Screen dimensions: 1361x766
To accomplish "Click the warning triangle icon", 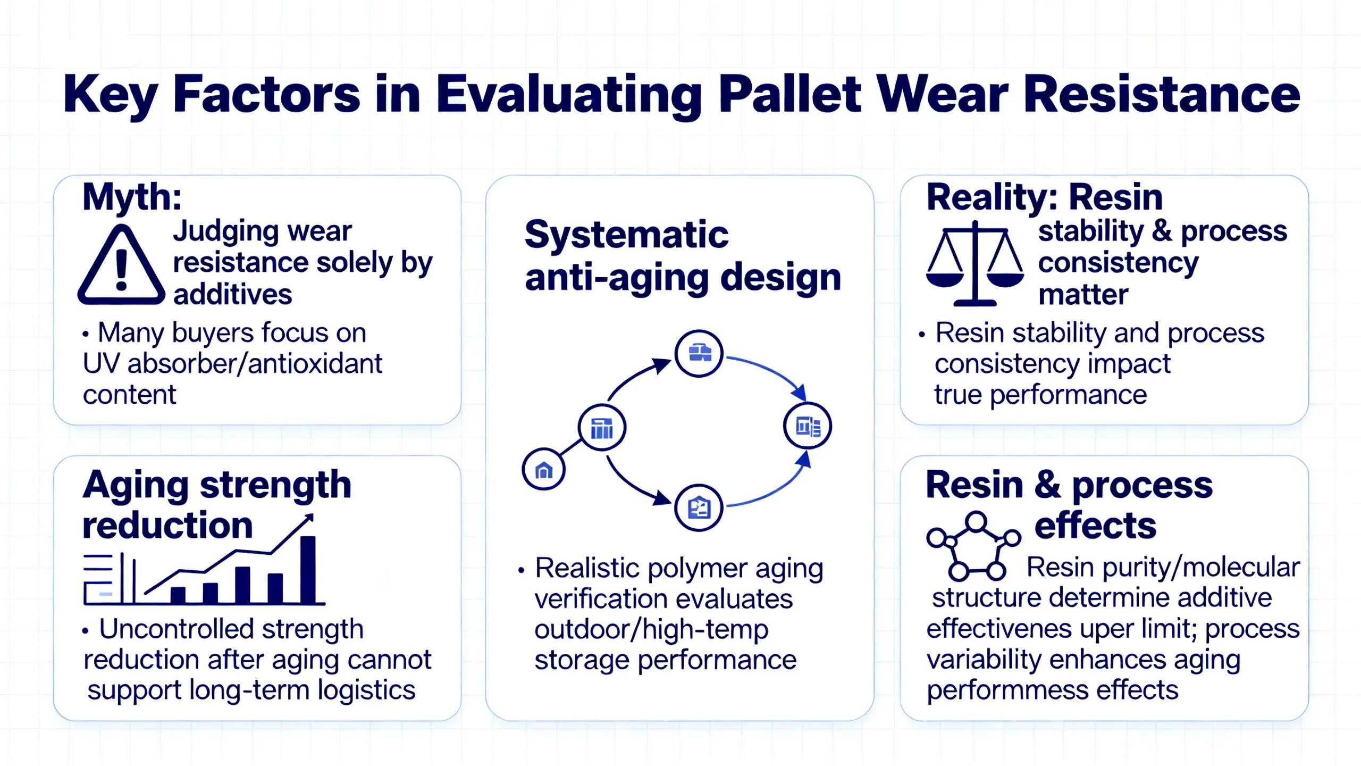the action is click(x=121, y=265).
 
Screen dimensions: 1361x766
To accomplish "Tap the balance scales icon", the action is click(x=975, y=264).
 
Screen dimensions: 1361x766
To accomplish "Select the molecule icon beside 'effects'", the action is click(x=973, y=546).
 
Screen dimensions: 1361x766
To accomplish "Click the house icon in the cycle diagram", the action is click(x=543, y=470).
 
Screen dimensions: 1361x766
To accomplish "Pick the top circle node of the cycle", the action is click(x=699, y=354).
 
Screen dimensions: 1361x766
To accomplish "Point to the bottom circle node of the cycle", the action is click(x=699, y=508).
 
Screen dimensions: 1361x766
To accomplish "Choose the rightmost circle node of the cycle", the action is click(x=808, y=426).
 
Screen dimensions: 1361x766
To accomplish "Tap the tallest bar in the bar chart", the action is click(x=308, y=570).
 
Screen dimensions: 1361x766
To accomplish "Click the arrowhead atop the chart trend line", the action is click(x=307, y=520).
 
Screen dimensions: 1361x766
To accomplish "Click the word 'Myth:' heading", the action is click(x=132, y=197).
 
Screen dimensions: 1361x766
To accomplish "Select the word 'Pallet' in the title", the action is click(x=789, y=94).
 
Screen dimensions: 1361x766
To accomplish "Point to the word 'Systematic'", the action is click(x=626, y=235).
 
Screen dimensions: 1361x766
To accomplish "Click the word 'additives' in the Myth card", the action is click(x=233, y=294).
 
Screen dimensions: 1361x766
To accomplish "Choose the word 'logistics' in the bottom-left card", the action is click(x=366, y=690).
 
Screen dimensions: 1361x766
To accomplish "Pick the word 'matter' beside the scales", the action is click(x=1083, y=295).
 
